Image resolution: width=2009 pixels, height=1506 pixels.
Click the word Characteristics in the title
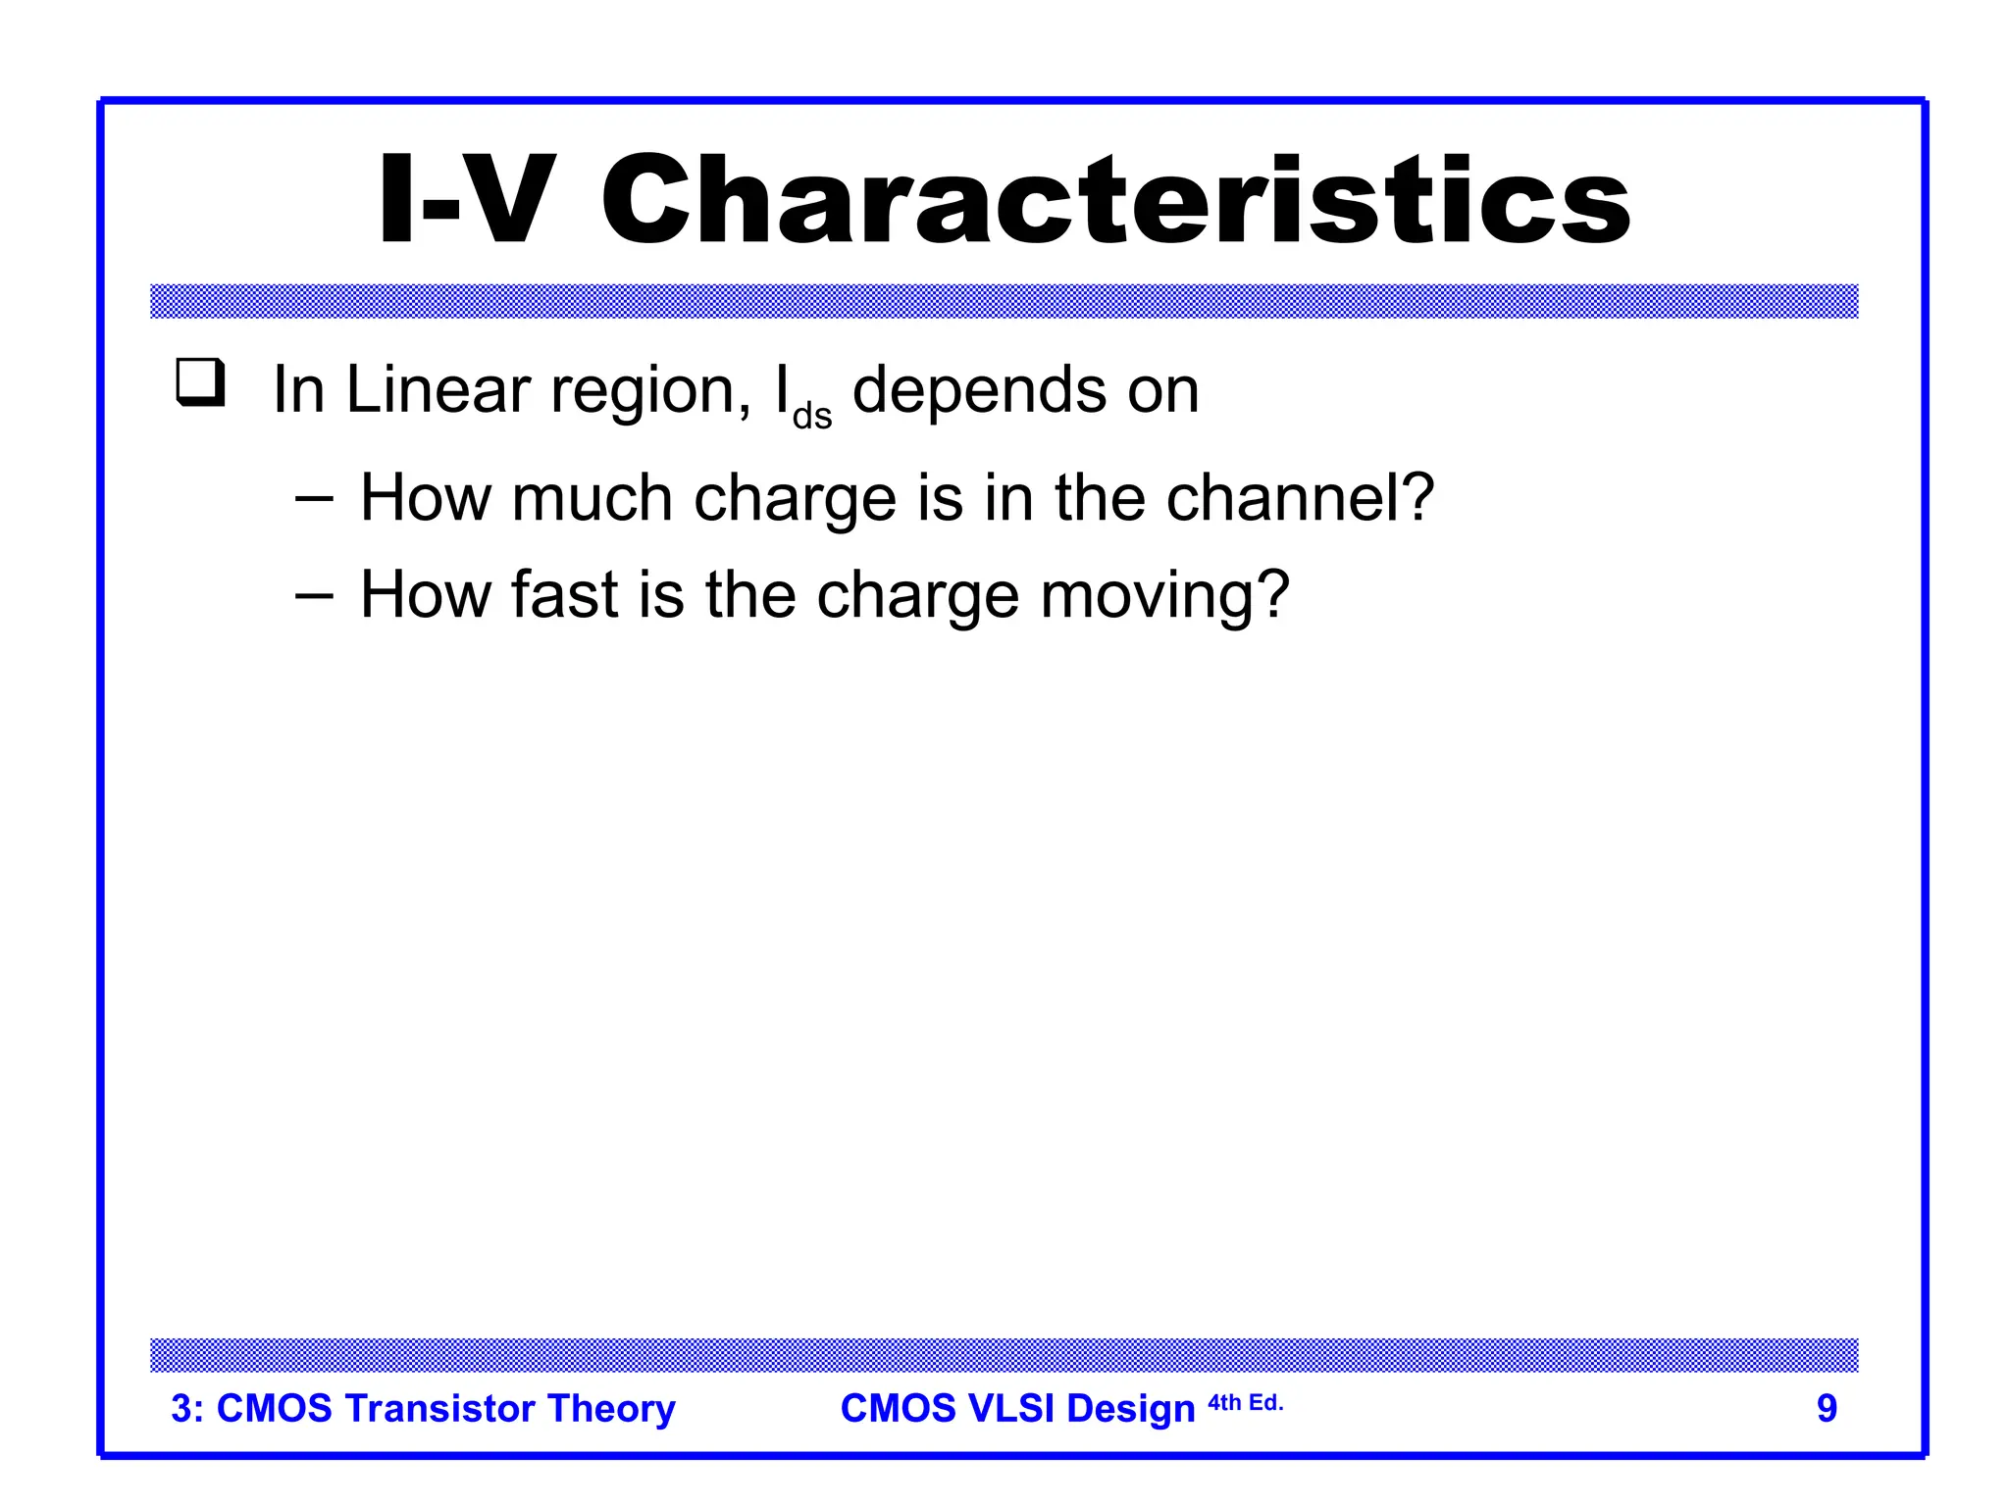click(1115, 201)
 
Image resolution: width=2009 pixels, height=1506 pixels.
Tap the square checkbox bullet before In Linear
click(200, 382)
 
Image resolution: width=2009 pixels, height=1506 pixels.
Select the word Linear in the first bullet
click(438, 390)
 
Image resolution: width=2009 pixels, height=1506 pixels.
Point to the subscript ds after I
click(812, 416)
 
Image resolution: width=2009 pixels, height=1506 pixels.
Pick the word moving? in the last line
click(1164, 597)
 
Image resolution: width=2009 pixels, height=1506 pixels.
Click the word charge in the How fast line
click(917, 597)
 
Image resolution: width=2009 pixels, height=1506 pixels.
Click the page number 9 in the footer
click(1827, 1408)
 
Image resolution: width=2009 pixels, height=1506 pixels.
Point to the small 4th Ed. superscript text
click(1245, 1403)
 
